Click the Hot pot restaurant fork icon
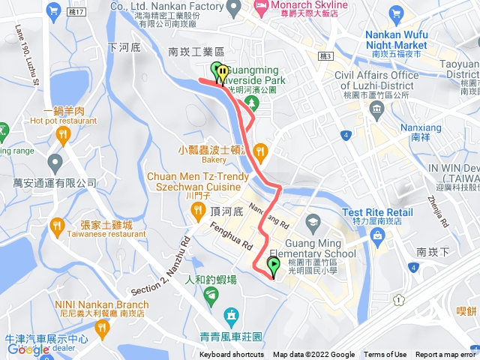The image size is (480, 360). click(x=62, y=135)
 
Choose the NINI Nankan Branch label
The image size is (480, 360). click(x=107, y=304)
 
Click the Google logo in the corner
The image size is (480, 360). click(x=28, y=349)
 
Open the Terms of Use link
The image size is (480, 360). click(x=385, y=355)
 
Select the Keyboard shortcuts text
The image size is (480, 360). click(x=232, y=355)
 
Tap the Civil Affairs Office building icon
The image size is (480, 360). click(x=376, y=109)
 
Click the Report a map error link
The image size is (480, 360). click(x=446, y=355)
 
